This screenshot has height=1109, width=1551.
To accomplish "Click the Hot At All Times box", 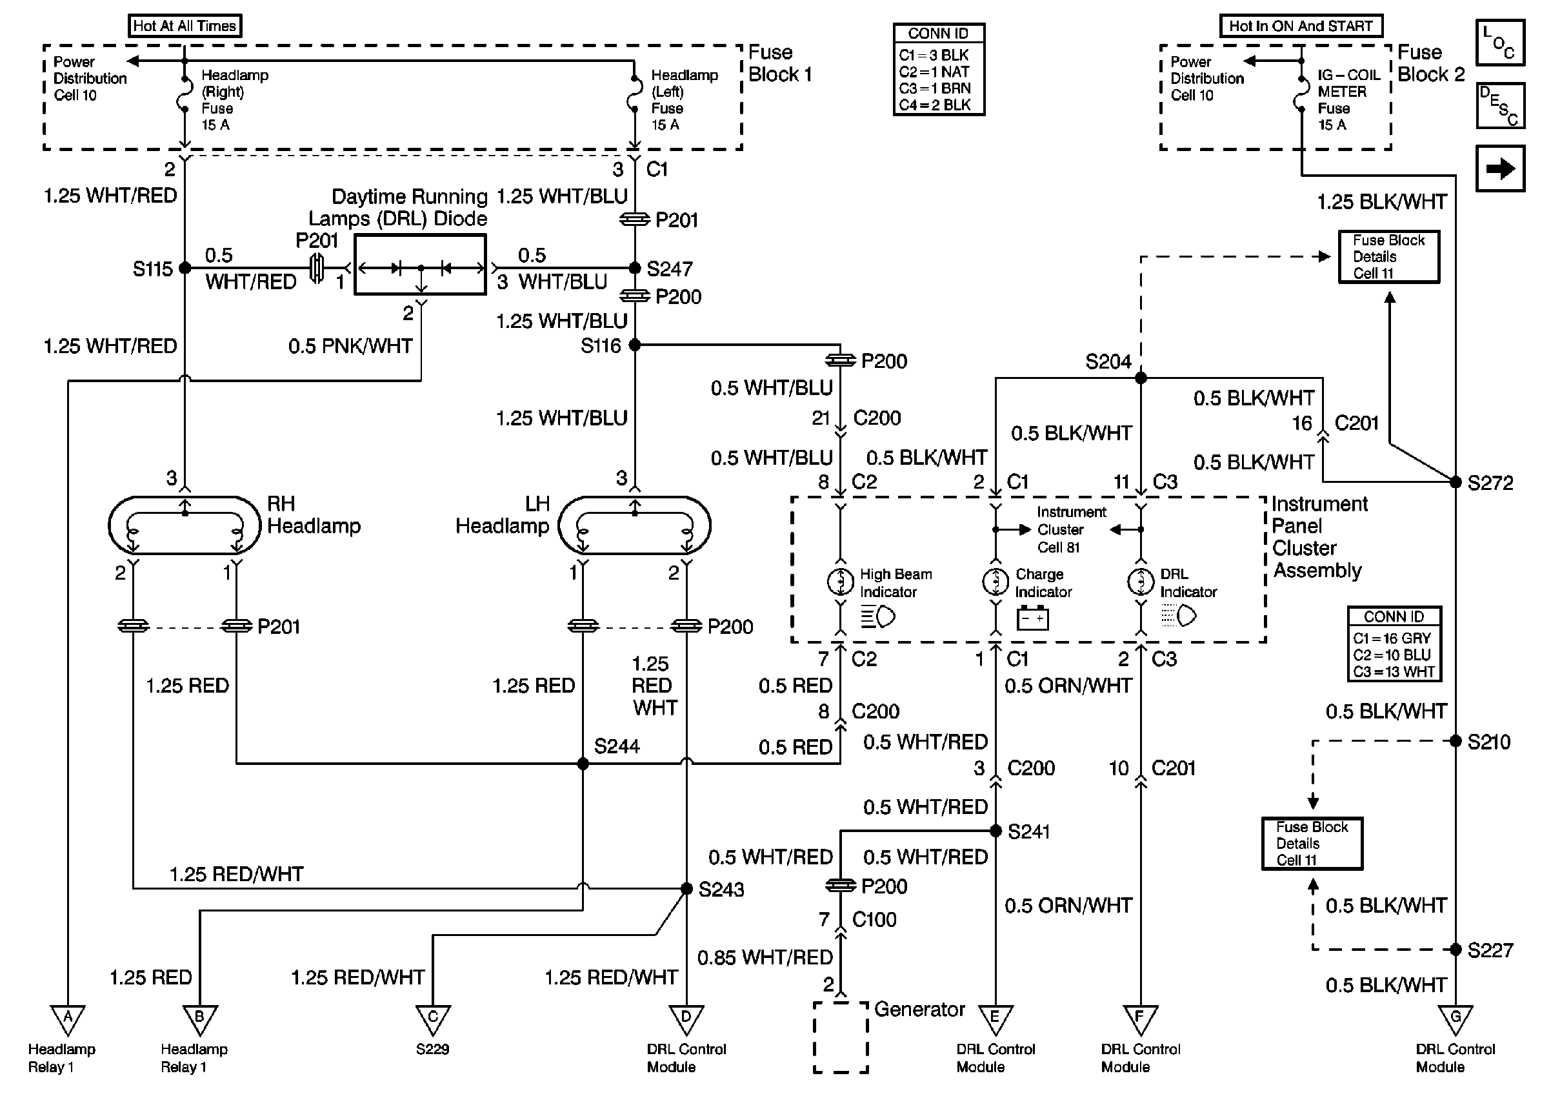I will point(185,26).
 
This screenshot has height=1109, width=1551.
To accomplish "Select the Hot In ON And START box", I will point(1301,26).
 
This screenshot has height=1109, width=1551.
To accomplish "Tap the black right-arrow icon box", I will point(1500,168).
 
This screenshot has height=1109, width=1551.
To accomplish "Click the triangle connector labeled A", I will point(68,1019).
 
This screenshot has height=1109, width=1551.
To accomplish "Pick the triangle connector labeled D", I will point(686,1019).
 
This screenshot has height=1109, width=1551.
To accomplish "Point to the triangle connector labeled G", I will point(1456,1019).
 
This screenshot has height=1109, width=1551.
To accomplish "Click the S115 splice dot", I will point(185,269).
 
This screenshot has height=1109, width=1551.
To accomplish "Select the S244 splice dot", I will point(583,764).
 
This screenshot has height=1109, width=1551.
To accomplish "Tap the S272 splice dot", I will point(1456,482).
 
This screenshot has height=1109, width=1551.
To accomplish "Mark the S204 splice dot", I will point(1141,378).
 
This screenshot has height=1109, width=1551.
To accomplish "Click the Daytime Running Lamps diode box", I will point(421,265).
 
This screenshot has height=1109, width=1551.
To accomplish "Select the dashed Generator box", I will point(841,1037).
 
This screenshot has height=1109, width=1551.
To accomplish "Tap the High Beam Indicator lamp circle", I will point(841,581).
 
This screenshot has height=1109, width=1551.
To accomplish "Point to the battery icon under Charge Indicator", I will point(1032,618).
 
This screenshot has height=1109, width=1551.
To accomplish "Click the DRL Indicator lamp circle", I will point(1141,581).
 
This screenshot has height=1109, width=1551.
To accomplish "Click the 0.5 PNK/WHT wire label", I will point(350,346).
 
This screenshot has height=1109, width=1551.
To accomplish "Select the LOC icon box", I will point(1500,43).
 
